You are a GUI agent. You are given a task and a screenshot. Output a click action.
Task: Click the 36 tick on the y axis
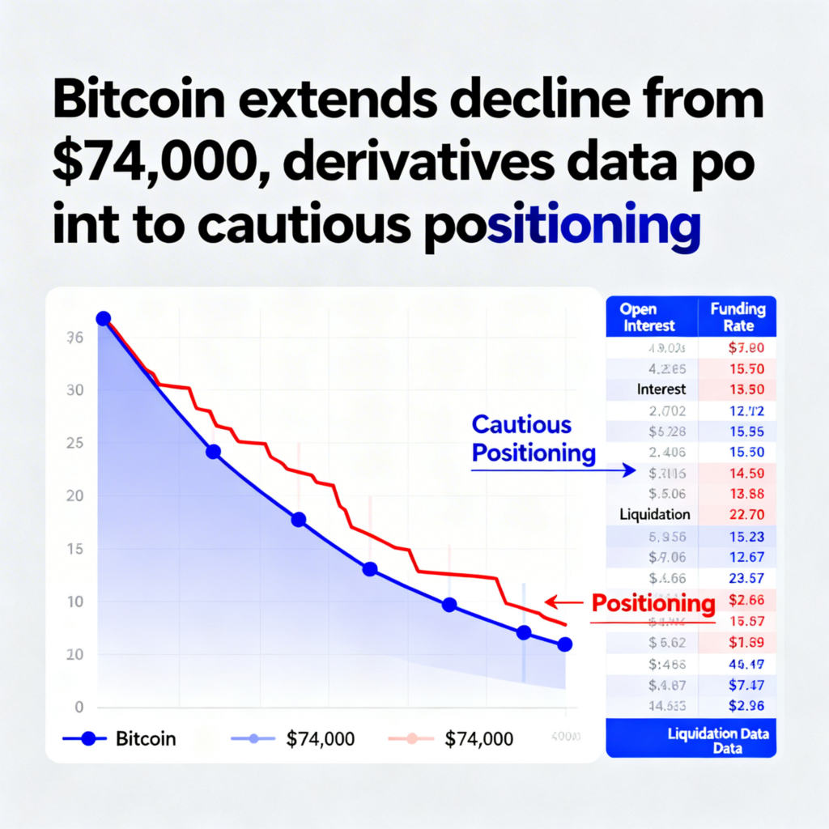74,338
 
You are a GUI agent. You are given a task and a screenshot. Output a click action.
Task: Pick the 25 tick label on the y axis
74,444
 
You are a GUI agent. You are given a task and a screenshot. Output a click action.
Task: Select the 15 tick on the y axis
74,550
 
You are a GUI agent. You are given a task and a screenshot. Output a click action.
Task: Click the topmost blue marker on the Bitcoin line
103,319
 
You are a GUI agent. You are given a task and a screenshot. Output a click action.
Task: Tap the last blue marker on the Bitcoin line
565,644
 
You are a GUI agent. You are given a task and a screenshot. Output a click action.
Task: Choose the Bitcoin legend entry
130,738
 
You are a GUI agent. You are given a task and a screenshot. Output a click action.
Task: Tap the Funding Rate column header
737,317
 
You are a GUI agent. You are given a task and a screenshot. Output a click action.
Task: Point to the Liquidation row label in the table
655,514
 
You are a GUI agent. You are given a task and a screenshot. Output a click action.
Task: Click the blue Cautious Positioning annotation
533,439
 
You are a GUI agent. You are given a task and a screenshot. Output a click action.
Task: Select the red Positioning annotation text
653,603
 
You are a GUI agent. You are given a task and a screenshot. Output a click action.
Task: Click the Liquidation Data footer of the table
718,739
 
